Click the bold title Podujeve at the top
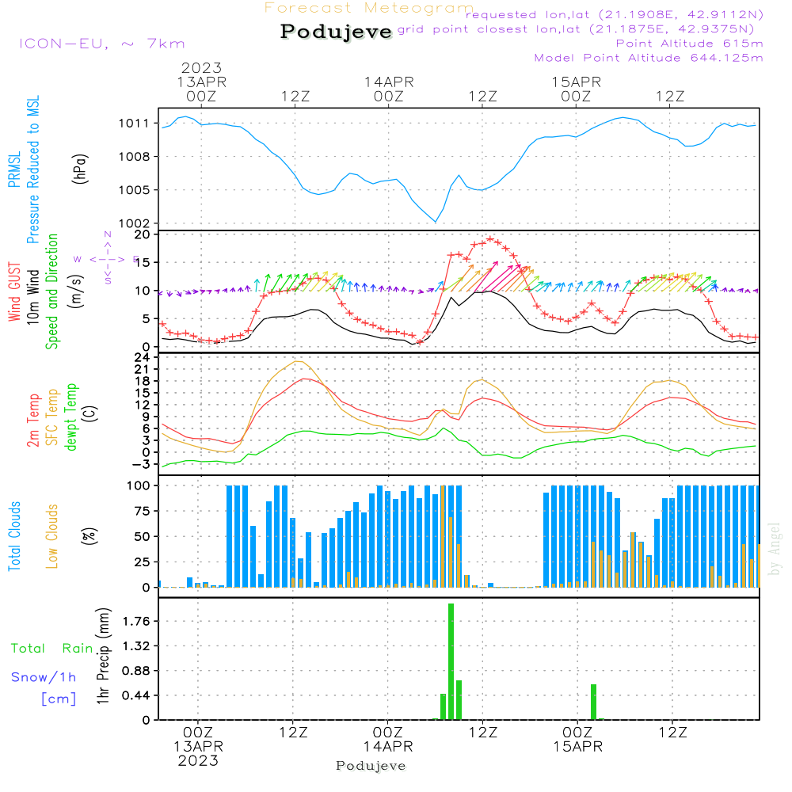coord(337,32)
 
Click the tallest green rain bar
coord(451,661)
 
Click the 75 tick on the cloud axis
coord(142,511)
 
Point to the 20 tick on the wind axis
coord(143,234)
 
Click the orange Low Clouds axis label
coord(52,535)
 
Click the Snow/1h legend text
coord(44,677)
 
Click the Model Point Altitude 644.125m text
coord(649,58)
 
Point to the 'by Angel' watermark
coord(775,549)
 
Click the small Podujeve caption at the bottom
coord(371,766)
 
